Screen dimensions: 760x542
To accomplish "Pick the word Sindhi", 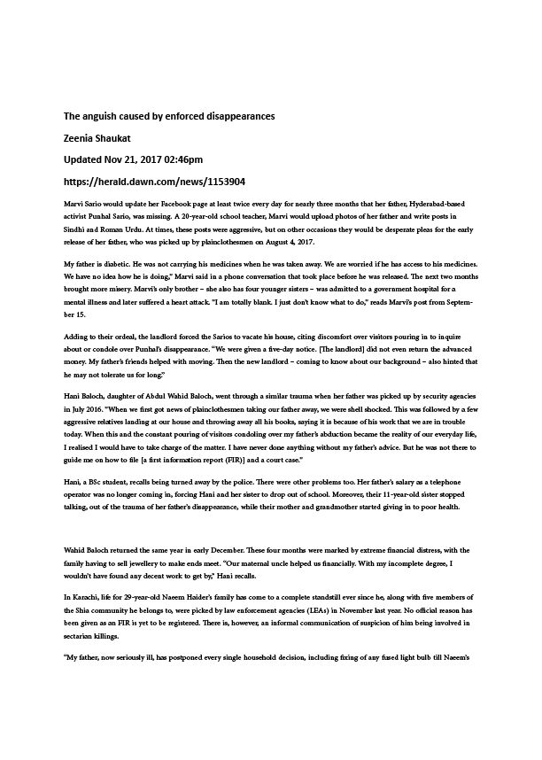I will (x=77, y=229).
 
